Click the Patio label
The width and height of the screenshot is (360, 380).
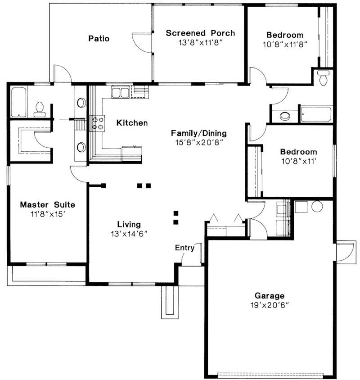point(98,38)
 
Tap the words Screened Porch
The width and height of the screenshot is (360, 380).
point(200,33)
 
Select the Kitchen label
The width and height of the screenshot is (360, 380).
point(132,122)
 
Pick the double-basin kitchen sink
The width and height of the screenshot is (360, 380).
point(120,93)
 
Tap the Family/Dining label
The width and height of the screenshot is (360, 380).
point(198,133)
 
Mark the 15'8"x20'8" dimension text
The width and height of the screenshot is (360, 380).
point(198,142)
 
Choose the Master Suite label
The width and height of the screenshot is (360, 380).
point(47,205)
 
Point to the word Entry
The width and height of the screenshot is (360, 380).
point(184,248)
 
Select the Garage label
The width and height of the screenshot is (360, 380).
point(270,296)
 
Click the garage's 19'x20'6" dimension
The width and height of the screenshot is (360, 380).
point(270,305)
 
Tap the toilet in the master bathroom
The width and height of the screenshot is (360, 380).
point(39,109)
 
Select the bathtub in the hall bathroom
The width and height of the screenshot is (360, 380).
point(316,114)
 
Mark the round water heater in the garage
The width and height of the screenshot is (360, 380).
point(317,207)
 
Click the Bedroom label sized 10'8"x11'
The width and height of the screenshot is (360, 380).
point(298,152)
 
